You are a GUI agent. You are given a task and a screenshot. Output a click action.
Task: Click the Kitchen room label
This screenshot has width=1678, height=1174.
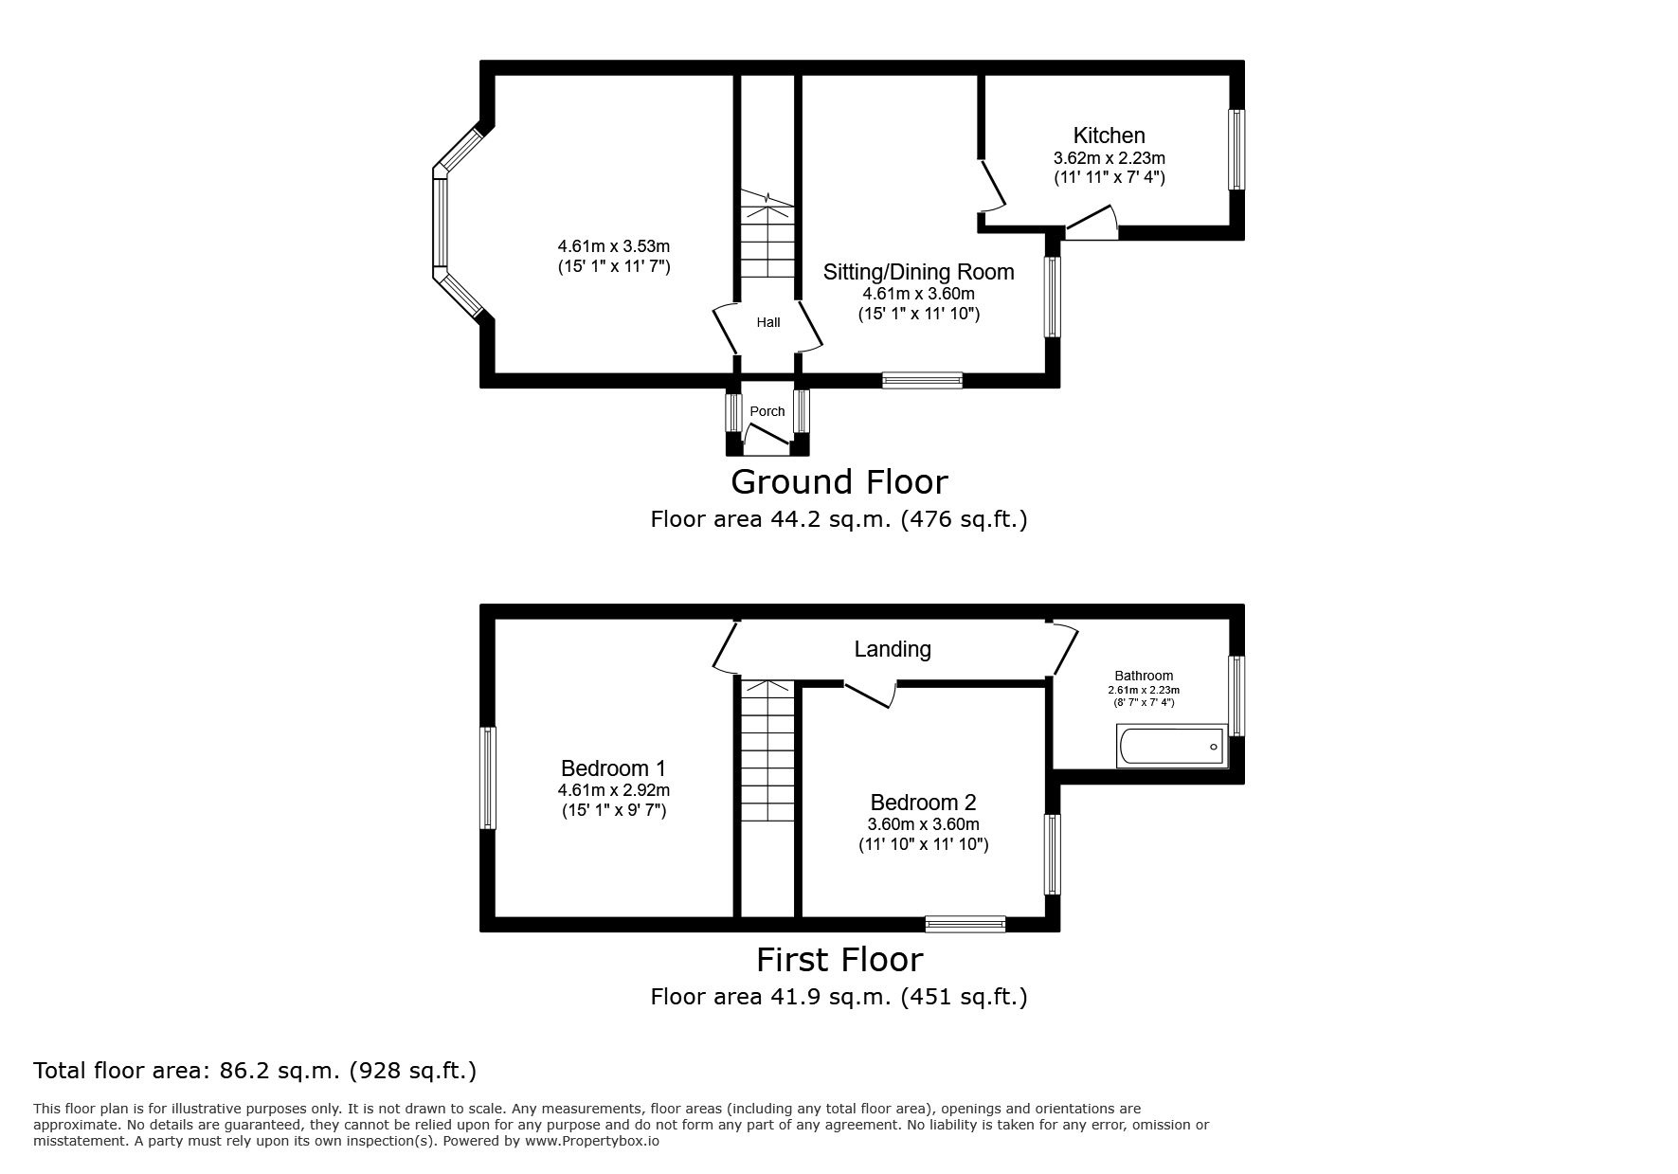[x=1109, y=135]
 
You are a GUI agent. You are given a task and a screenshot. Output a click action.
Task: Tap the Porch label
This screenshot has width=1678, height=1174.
[x=767, y=411]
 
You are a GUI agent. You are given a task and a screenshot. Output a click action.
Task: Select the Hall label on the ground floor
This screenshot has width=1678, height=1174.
[x=768, y=322]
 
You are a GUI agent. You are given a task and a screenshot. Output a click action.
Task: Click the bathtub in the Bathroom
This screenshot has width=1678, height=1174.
[x=1173, y=747]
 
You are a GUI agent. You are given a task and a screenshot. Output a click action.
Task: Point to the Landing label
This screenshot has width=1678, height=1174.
[x=893, y=649]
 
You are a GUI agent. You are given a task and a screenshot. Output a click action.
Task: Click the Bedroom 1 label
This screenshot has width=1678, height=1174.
[x=614, y=768]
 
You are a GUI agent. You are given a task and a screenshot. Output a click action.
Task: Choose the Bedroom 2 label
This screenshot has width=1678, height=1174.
[x=924, y=803]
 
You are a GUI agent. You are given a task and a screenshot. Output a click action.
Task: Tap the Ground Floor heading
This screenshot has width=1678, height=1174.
[x=839, y=482]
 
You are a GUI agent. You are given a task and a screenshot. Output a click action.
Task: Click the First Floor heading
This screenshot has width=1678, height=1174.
[x=839, y=960]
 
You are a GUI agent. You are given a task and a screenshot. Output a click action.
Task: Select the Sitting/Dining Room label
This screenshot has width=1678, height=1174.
[x=919, y=272]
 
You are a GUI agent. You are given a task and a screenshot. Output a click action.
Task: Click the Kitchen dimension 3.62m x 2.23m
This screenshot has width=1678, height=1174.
[x=1110, y=158]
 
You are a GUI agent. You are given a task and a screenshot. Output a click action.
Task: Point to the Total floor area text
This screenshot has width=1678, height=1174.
[x=255, y=1071]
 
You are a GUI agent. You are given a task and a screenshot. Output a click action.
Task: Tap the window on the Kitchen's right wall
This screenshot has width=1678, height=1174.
[x=1236, y=150]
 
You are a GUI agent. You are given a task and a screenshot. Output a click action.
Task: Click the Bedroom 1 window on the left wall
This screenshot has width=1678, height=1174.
[x=488, y=778]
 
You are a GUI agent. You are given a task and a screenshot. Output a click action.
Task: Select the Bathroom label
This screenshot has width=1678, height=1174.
[x=1144, y=677]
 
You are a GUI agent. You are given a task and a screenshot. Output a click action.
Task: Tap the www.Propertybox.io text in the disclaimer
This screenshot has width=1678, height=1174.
[x=592, y=1141]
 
